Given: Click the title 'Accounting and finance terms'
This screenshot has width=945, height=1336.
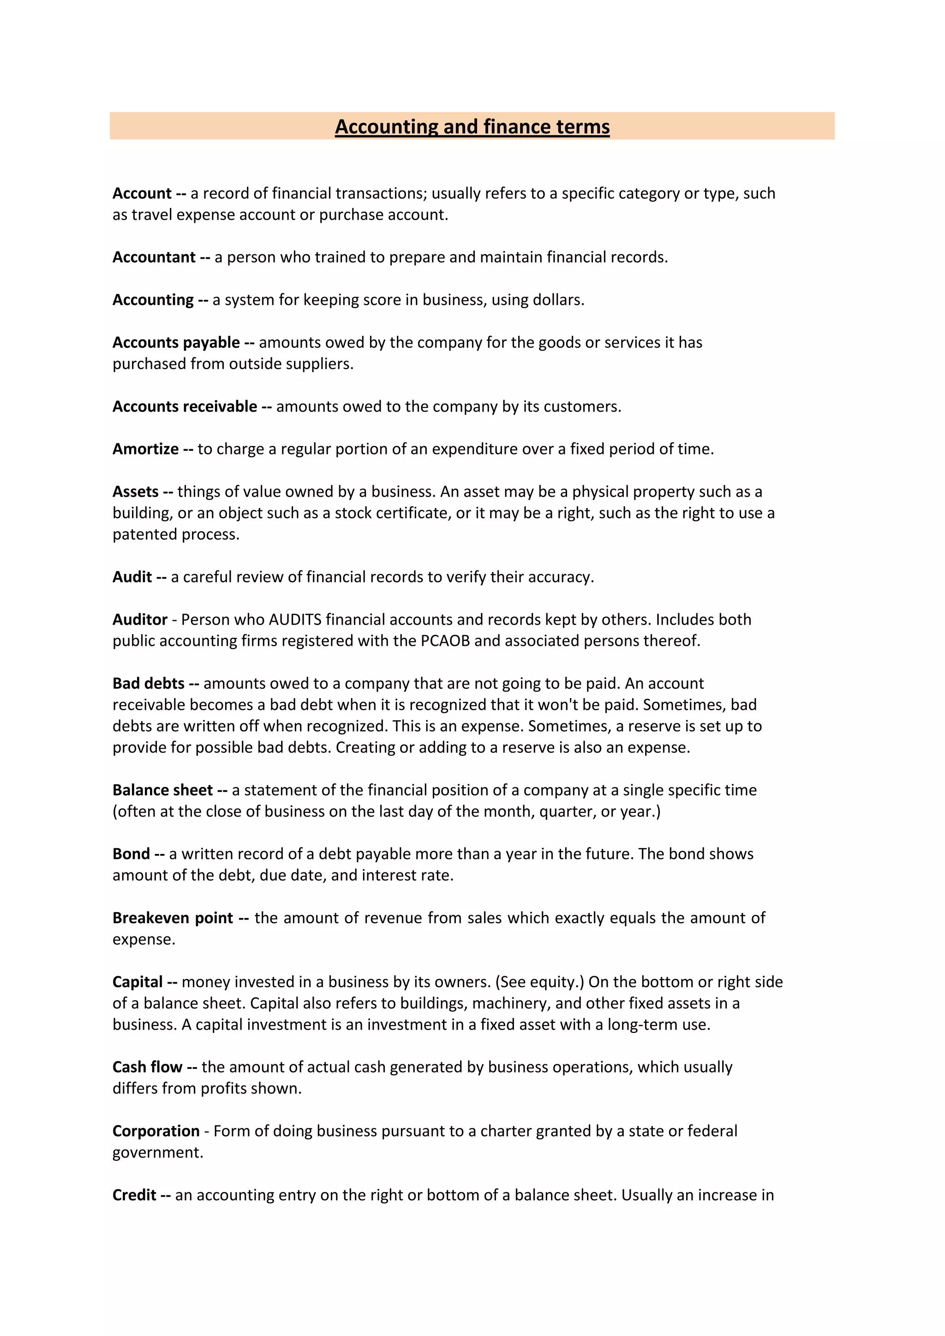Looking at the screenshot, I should coord(472,126).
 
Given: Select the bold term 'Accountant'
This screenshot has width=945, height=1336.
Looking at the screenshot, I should coord(154,257).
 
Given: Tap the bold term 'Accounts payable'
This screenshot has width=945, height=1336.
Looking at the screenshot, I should coord(176,342).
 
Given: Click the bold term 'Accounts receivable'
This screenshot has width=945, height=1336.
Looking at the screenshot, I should coord(185,406).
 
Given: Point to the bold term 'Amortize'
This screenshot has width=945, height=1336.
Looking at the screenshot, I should coord(145,448).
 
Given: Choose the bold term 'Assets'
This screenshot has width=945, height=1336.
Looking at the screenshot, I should coord(136,492).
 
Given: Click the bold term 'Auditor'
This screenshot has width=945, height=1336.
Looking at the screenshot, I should coord(140,619).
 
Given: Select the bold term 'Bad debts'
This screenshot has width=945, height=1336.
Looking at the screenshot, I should coord(149,683).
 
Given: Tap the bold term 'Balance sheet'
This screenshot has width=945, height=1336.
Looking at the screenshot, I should coord(162,790).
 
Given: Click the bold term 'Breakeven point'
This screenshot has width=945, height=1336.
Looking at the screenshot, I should coord(173,918).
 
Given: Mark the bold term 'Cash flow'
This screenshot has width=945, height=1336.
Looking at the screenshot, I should coord(147,1067).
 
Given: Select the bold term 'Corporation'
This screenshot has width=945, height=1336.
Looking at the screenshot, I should coord(156,1131).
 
